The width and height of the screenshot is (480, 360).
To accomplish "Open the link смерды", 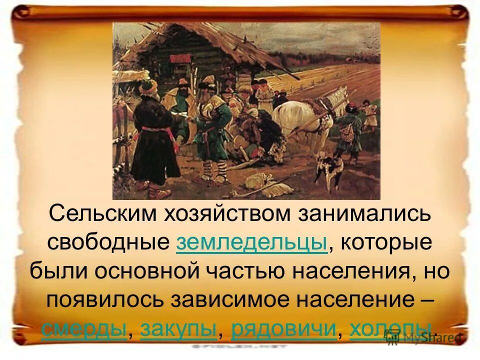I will click(x=84, y=328).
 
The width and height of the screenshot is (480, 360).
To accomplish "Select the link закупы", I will click(x=178, y=328).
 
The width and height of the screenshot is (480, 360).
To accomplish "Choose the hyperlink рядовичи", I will click(x=283, y=328).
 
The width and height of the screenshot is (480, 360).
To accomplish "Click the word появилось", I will click(x=105, y=299).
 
